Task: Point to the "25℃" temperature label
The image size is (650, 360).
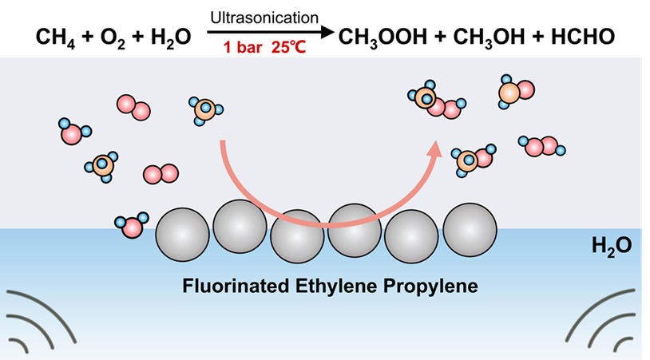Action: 287,48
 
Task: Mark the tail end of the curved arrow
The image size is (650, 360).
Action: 223,142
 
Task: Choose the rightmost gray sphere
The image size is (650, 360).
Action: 470,230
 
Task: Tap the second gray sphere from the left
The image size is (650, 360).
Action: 240,227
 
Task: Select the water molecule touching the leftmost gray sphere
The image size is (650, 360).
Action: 132,226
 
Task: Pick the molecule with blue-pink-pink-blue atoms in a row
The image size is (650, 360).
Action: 543,146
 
